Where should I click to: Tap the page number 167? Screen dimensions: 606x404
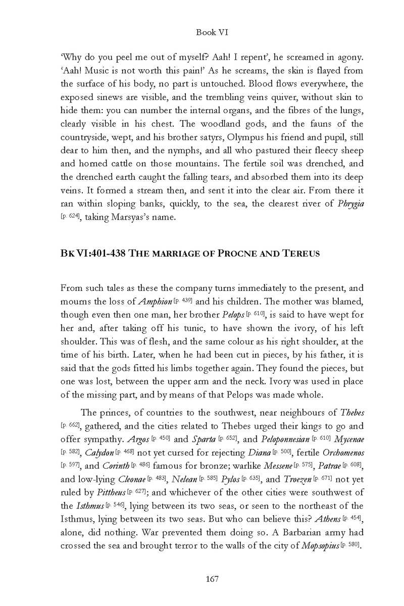click(212, 579)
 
